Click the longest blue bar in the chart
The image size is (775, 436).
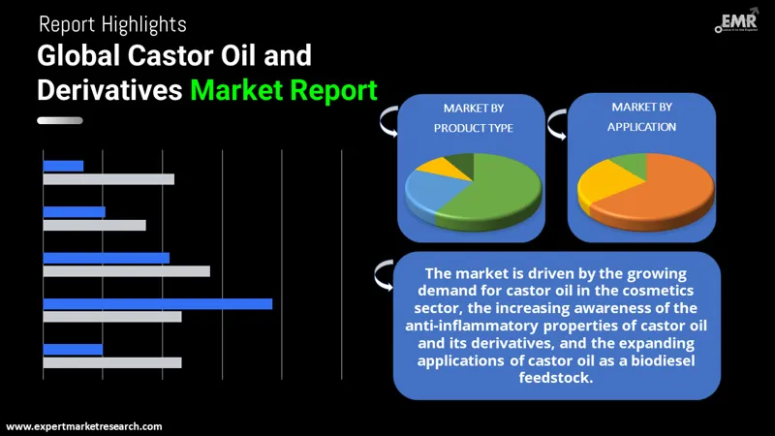point(157,303)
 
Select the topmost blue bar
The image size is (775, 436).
point(63,166)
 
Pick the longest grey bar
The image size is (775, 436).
point(126,271)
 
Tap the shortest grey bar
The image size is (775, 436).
point(94,225)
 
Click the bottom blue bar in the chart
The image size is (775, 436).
point(73,349)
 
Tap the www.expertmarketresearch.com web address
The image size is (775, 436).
point(84,426)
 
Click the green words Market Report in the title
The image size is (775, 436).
point(283,90)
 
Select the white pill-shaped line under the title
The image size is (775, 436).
point(59,121)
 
